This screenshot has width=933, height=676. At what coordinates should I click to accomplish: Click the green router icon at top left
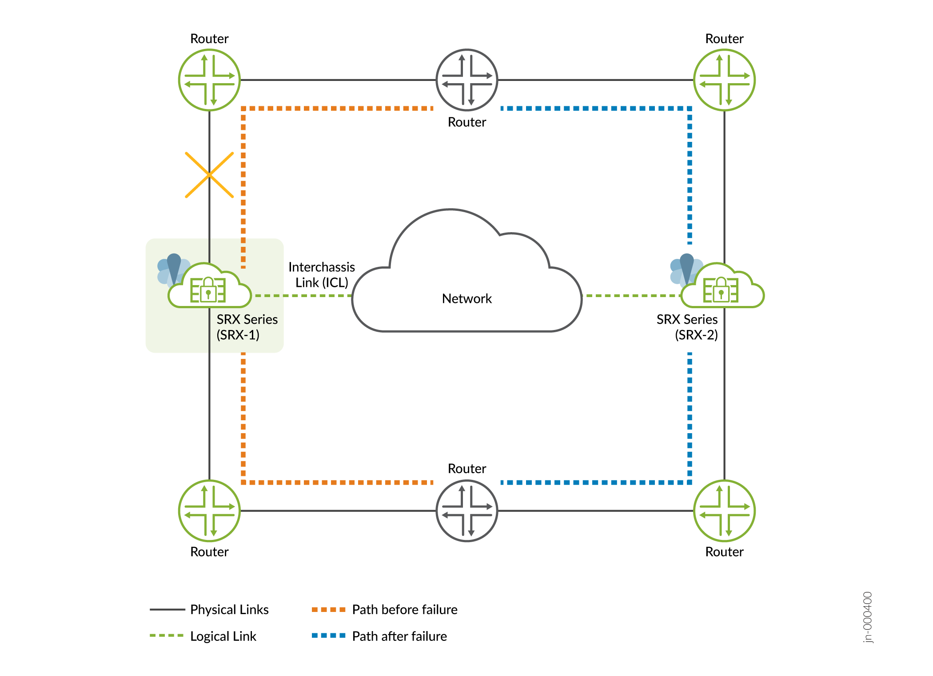209,80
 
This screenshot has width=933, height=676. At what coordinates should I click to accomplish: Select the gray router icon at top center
466,80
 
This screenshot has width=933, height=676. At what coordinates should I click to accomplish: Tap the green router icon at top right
724,80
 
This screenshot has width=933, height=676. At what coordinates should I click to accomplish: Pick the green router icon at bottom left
209,511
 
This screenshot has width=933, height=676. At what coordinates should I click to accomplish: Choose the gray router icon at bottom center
466,511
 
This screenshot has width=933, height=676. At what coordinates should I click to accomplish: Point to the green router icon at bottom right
724,511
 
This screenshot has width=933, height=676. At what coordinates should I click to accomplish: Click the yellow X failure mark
209,175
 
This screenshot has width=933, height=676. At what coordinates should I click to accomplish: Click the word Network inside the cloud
466,298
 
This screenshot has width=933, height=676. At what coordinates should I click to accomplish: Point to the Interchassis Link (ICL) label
322,274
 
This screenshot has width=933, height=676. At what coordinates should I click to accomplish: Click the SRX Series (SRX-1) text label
247,327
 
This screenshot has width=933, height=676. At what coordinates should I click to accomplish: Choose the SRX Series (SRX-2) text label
687,327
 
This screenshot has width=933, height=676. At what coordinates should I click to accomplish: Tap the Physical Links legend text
229,609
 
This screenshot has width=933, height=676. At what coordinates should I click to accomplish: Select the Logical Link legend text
223,636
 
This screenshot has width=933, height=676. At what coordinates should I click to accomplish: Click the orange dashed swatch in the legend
328,609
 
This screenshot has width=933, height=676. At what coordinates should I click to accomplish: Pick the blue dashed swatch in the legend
328,636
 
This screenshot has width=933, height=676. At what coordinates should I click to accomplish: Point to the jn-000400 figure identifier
867,617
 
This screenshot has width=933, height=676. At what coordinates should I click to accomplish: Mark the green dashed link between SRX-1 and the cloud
302,295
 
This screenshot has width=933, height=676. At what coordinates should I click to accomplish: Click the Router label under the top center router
466,122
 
